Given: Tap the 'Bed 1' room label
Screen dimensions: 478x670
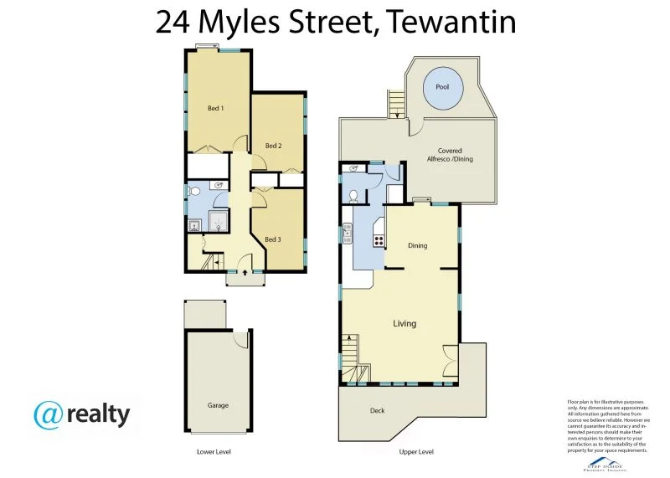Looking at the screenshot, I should pos(216,108).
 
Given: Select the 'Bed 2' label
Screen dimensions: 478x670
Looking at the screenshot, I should pos(272,146).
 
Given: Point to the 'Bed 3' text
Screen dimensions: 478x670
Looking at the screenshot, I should pos(272,239).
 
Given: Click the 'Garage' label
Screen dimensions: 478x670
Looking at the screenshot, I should pos(218,404).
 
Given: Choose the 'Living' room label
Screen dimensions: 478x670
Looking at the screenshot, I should pos(405,323).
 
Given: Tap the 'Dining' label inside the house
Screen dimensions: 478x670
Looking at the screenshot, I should pos(418,245).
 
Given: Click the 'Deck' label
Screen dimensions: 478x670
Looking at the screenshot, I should pos(378,410).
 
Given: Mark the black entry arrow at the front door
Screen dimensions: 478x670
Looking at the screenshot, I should pos(244,271).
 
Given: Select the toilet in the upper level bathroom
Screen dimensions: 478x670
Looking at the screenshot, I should pos(354,195).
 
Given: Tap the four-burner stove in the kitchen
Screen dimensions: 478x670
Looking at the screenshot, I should pos(378,239).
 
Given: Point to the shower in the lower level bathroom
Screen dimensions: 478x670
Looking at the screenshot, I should pos(218,221).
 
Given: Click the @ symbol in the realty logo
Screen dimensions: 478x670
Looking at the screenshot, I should pos(49,414).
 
